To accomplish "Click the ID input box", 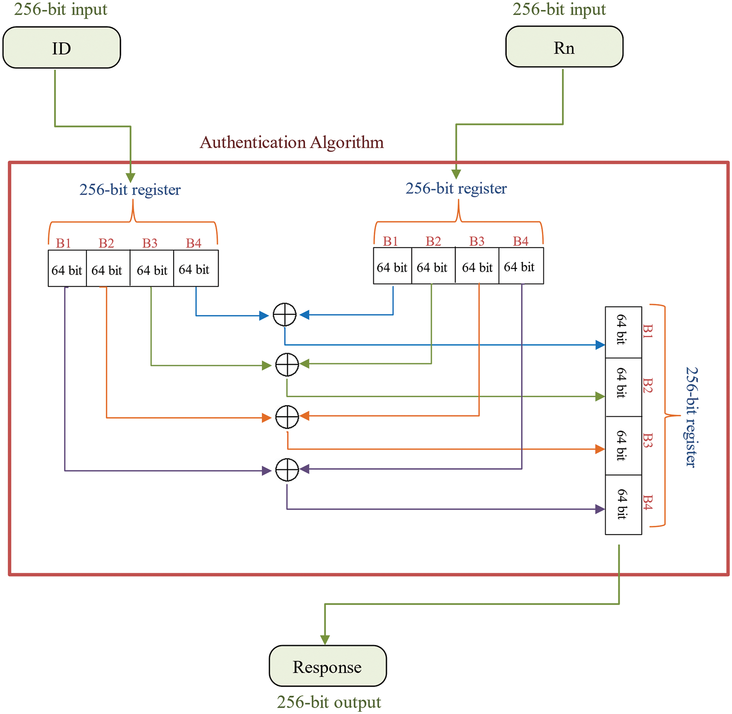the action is coord(61,48).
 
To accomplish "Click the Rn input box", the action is coord(564,47).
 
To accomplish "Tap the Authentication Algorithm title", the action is coord(291,142).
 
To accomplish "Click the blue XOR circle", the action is coord(285,315).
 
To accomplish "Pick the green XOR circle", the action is coord(287,364).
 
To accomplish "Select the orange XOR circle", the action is coord(287,417).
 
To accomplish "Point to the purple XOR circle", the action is coord(287,469).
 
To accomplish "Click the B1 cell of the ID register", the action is coord(67,269).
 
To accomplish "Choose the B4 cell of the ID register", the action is coord(196,269).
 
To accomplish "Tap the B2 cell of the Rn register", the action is coord(433,266).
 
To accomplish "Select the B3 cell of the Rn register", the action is coord(477,266).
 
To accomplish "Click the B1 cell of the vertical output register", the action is coord(623,332).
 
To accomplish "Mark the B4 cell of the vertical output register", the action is coord(623,504).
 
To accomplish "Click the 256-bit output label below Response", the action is coord(329,702).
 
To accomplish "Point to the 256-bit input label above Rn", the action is coord(559,9).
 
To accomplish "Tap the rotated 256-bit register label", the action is coord(691,417).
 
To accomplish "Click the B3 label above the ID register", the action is coord(150,243).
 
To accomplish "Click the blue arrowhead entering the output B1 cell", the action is coord(600,345).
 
